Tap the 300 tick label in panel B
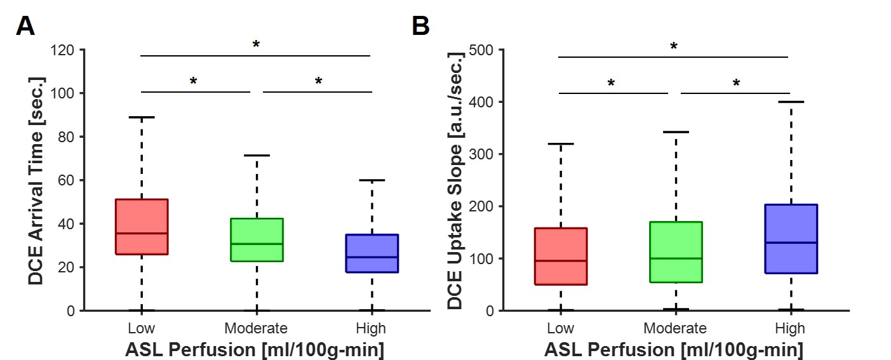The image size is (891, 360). coord(482,154)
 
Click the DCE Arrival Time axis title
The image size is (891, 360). coord(37,180)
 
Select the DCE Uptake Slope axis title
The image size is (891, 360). coord(455,180)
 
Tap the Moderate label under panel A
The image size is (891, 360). coord(256,328)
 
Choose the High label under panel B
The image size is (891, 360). coord(790,328)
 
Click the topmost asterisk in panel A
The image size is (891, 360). coord(256,45)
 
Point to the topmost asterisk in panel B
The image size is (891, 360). coord(674,47)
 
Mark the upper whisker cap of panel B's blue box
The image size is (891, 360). coord(791,102)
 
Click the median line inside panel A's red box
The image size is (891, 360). coord(141,233)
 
